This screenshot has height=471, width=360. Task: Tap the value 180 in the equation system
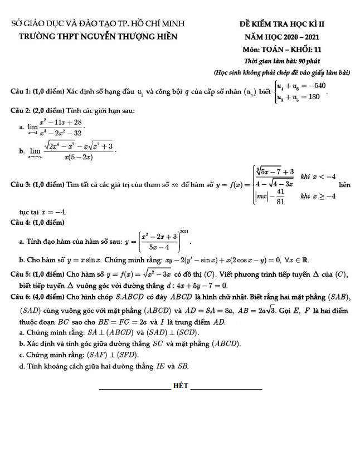(313, 96)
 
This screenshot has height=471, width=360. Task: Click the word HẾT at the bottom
(181, 385)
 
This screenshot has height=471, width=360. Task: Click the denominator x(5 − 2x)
(78, 157)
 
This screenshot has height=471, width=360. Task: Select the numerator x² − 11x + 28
(61, 122)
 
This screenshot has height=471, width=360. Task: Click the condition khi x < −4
(318, 176)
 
